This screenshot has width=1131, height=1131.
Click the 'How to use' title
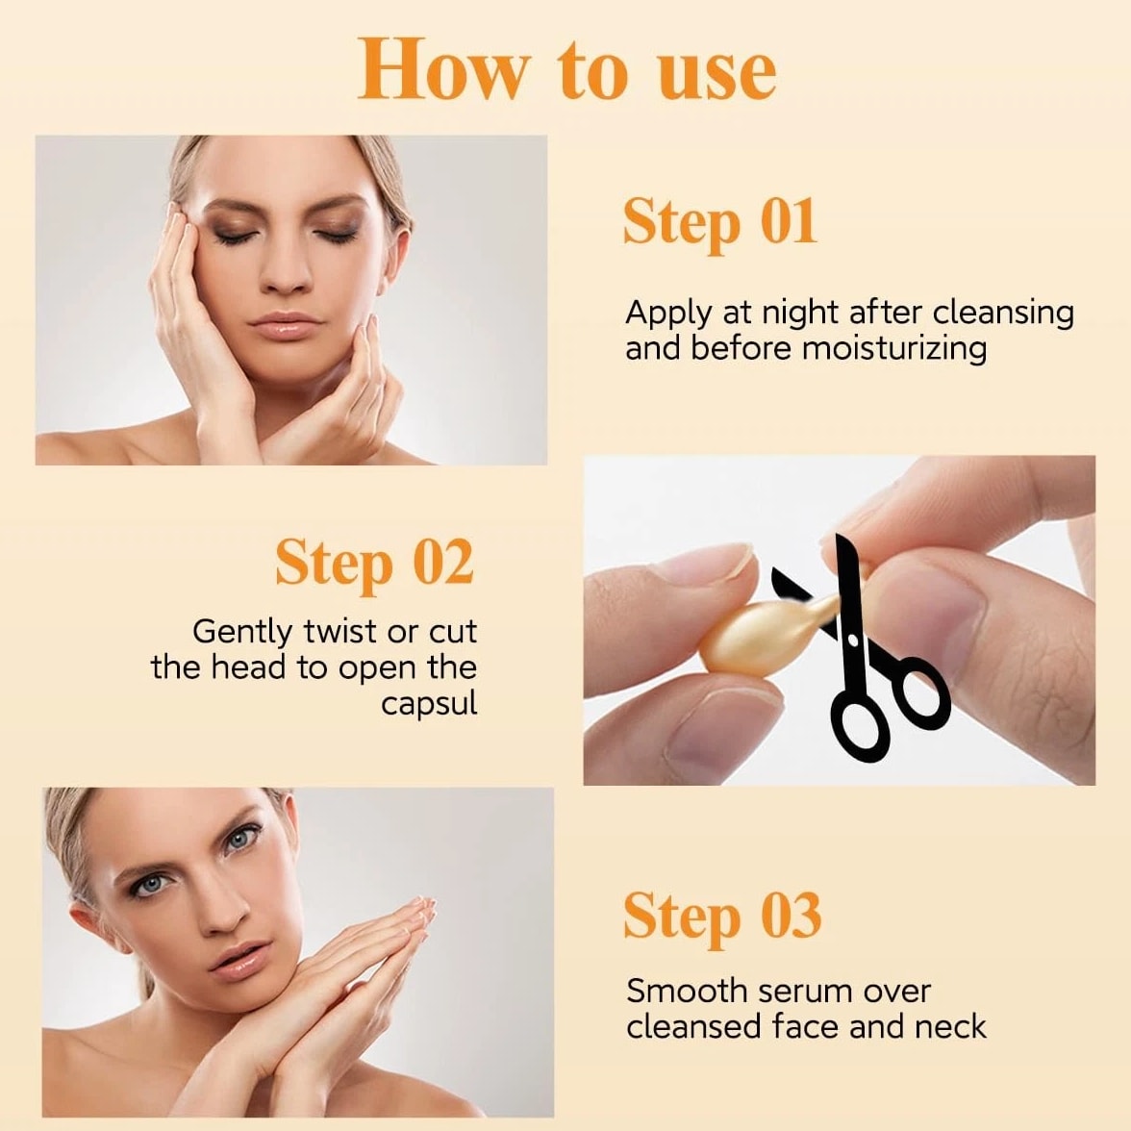pos(567,70)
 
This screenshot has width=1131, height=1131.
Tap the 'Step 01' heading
pos(719,222)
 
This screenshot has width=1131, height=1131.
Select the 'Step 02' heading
pos(374,564)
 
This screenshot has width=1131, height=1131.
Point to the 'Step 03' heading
pos(722,917)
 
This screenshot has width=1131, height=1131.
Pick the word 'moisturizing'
pos(893,349)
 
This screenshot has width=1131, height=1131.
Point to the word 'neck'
pos(950,1026)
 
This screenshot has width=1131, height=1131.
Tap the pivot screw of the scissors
pos(853,640)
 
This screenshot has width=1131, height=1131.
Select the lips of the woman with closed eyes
pos(286,324)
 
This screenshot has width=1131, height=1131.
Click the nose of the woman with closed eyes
pos(285,269)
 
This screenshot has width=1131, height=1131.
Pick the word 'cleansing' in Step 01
pos(1003,314)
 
